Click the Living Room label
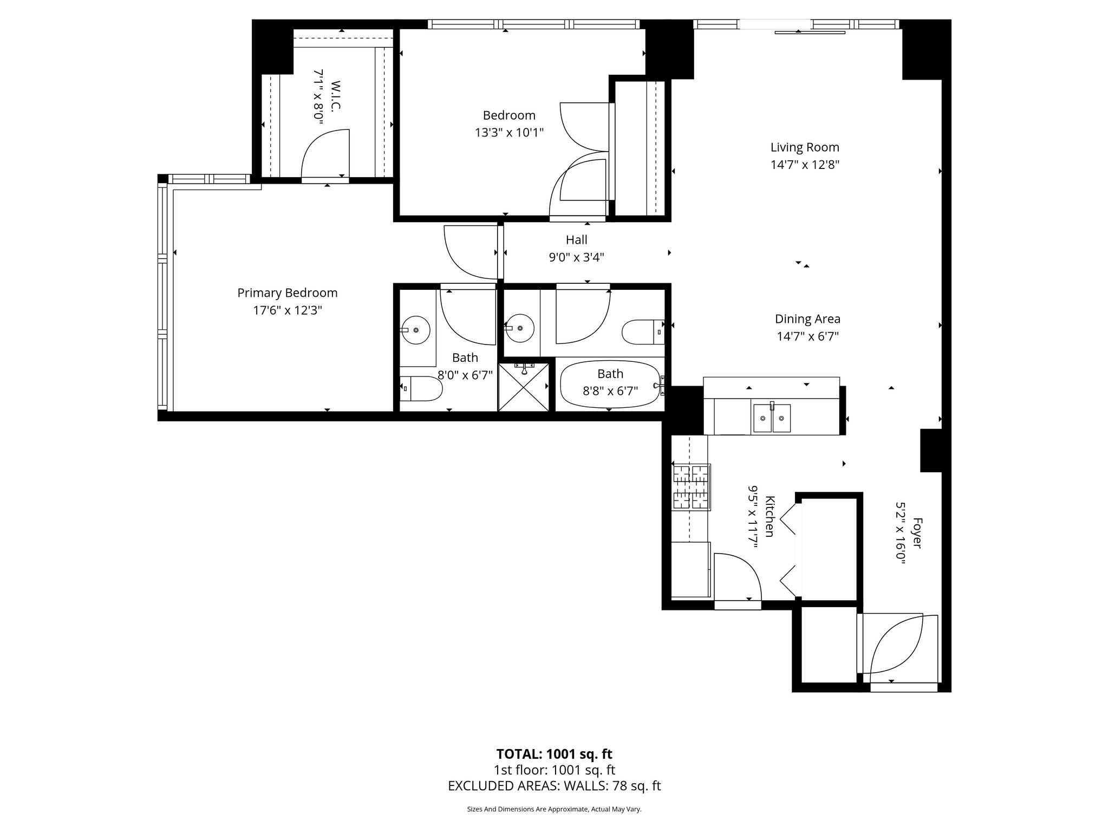(805, 147)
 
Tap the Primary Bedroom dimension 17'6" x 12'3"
(288, 310)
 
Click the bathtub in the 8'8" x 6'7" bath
(610, 385)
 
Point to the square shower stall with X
(524, 387)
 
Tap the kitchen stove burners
(692, 487)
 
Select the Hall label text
(576, 240)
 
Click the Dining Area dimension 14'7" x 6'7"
(807, 336)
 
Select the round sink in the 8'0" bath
(416, 329)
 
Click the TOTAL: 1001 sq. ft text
(554, 754)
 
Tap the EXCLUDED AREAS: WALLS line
(554, 786)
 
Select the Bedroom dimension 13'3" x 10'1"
(509, 133)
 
